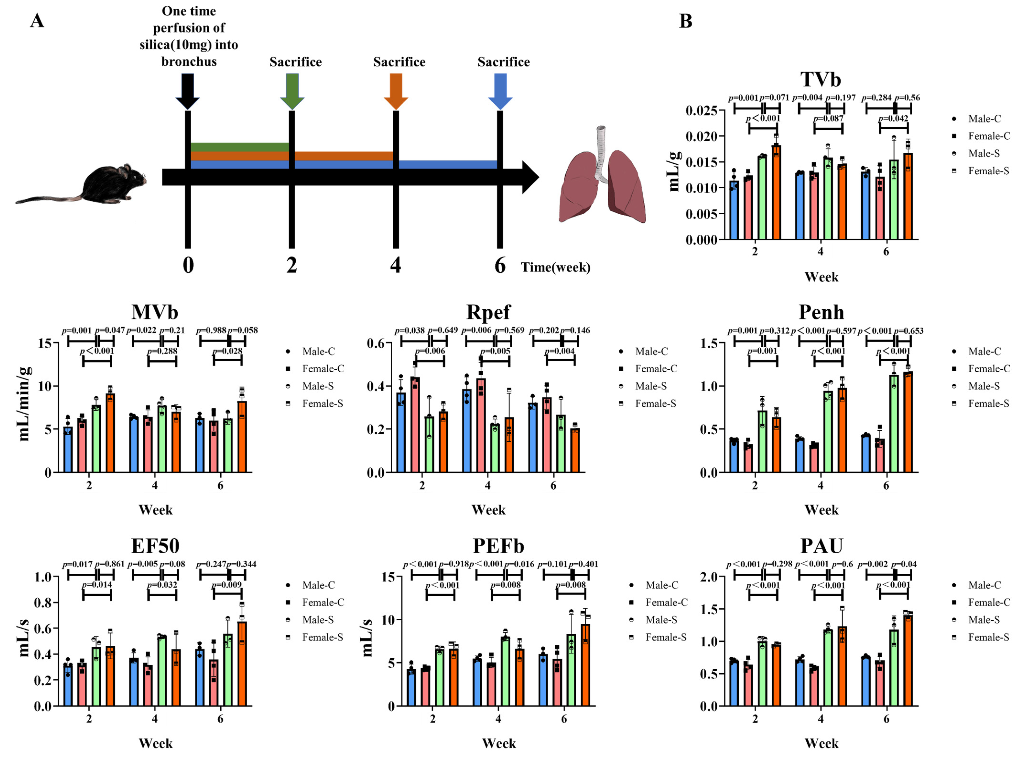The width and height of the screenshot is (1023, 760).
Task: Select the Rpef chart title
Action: (x=488, y=312)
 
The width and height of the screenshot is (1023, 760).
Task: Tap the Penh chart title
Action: (x=821, y=312)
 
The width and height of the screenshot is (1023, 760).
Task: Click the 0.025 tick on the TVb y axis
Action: (x=701, y=111)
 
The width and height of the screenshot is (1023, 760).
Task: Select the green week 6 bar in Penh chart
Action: (x=894, y=423)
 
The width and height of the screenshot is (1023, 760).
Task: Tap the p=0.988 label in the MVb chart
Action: (x=211, y=330)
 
